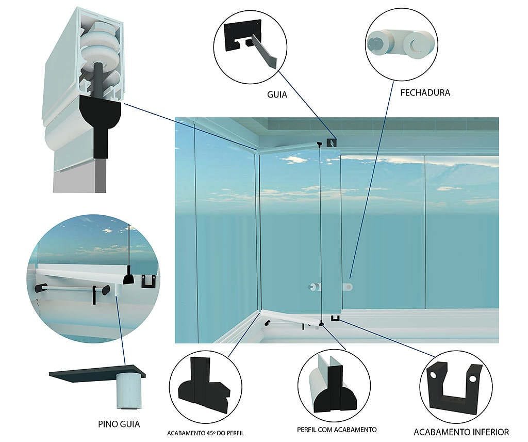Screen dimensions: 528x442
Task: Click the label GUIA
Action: coord(277,94)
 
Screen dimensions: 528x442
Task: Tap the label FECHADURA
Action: coord(425,93)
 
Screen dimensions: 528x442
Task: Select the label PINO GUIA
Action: coord(119,424)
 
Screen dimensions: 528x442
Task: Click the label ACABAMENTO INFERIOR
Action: coord(461,432)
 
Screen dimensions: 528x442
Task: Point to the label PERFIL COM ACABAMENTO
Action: coord(337,430)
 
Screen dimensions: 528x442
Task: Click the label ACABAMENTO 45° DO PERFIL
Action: coord(205,433)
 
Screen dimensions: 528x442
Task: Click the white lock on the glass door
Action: coord(348,287)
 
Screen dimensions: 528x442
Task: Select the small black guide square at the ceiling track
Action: coord(332,143)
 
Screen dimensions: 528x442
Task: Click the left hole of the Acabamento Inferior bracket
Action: coord(433,374)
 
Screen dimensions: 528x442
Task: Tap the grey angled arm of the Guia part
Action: coord(265,51)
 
